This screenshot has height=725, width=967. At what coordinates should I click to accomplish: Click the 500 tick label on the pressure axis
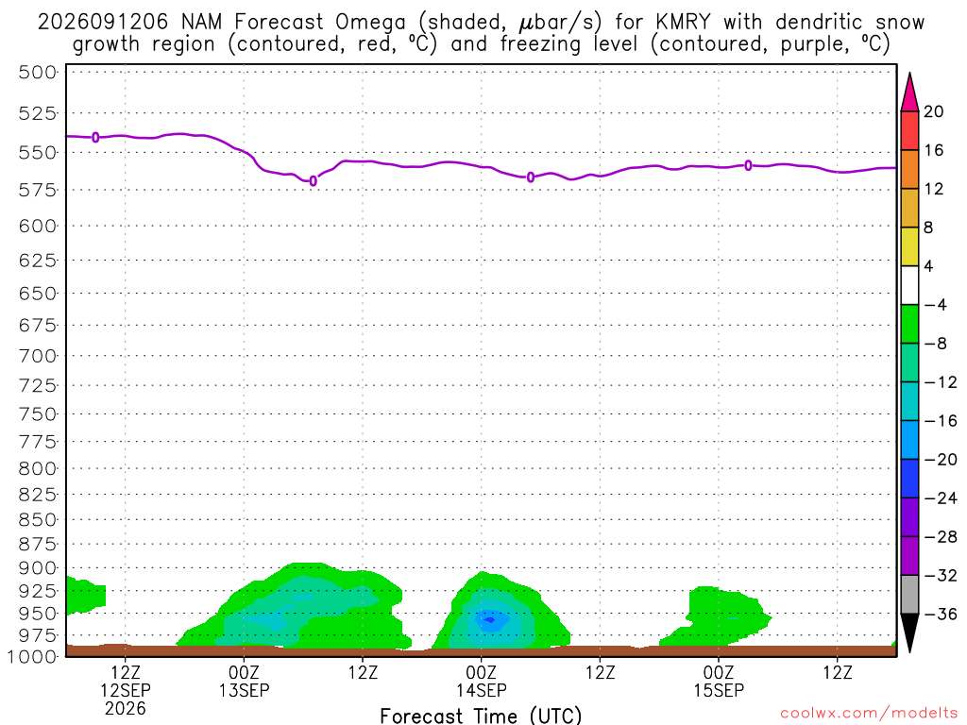pyautogui.click(x=37, y=72)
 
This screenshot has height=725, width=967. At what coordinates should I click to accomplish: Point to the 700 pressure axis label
pyautogui.click(x=37, y=356)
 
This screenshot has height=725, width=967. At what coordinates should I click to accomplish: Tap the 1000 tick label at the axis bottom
pyautogui.click(x=32, y=657)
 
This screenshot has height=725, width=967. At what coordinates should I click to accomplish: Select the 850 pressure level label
pyautogui.click(x=37, y=520)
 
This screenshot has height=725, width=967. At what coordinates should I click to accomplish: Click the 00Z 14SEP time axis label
pyautogui.click(x=481, y=681)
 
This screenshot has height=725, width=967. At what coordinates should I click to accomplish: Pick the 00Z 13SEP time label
pyautogui.click(x=245, y=681)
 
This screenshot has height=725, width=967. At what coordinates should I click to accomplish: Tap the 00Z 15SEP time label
pyautogui.click(x=719, y=681)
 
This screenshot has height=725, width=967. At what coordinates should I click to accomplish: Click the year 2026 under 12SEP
pyautogui.click(x=126, y=708)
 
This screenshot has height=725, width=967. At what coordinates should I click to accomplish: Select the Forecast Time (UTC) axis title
pyautogui.click(x=481, y=716)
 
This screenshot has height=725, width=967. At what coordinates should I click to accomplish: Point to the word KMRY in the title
pyautogui.click(x=683, y=23)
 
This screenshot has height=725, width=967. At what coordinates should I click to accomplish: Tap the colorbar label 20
pyautogui.click(x=934, y=111)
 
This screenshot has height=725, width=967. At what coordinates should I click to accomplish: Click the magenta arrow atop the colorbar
pyautogui.click(x=909, y=93)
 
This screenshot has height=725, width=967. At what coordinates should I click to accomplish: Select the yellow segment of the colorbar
pyautogui.click(x=909, y=246)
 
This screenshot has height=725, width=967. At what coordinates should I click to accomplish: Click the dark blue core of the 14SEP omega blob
pyautogui.click(x=490, y=619)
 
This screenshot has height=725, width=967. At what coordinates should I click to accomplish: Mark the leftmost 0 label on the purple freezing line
pyautogui.click(x=95, y=137)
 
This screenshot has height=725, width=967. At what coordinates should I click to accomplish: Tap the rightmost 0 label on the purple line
pyautogui.click(x=748, y=165)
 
